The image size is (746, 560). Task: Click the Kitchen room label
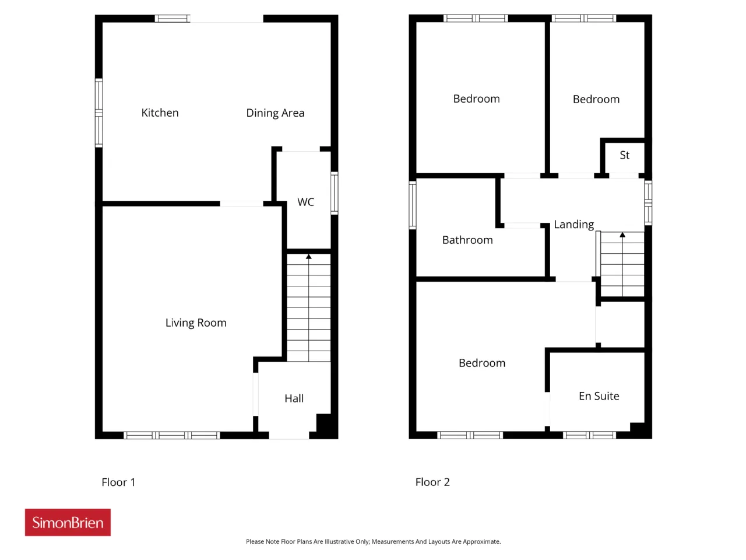click(x=160, y=113)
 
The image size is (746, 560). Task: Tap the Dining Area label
click(x=275, y=113)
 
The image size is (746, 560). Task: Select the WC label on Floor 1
click(x=305, y=202)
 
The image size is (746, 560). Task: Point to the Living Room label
click(x=196, y=323)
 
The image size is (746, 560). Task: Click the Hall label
click(x=294, y=398)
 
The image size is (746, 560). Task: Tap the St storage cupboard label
click(x=624, y=155)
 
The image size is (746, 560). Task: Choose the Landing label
click(x=573, y=225)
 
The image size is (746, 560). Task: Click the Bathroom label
click(x=467, y=240)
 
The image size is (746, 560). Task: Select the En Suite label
click(x=599, y=396)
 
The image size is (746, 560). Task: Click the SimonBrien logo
click(x=68, y=522)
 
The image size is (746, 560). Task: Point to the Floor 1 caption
click(x=118, y=482)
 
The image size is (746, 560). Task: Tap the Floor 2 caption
click(x=432, y=482)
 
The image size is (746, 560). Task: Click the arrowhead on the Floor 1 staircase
click(x=308, y=257)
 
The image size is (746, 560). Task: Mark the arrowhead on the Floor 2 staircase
click(x=622, y=235)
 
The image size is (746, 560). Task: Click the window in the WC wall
click(x=335, y=193)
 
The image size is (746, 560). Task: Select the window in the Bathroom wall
click(x=412, y=205)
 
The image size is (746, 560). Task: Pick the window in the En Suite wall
click(x=589, y=435)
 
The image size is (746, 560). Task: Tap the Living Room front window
click(x=171, y=435)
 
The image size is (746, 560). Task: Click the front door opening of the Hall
click(x=289, y=435)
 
